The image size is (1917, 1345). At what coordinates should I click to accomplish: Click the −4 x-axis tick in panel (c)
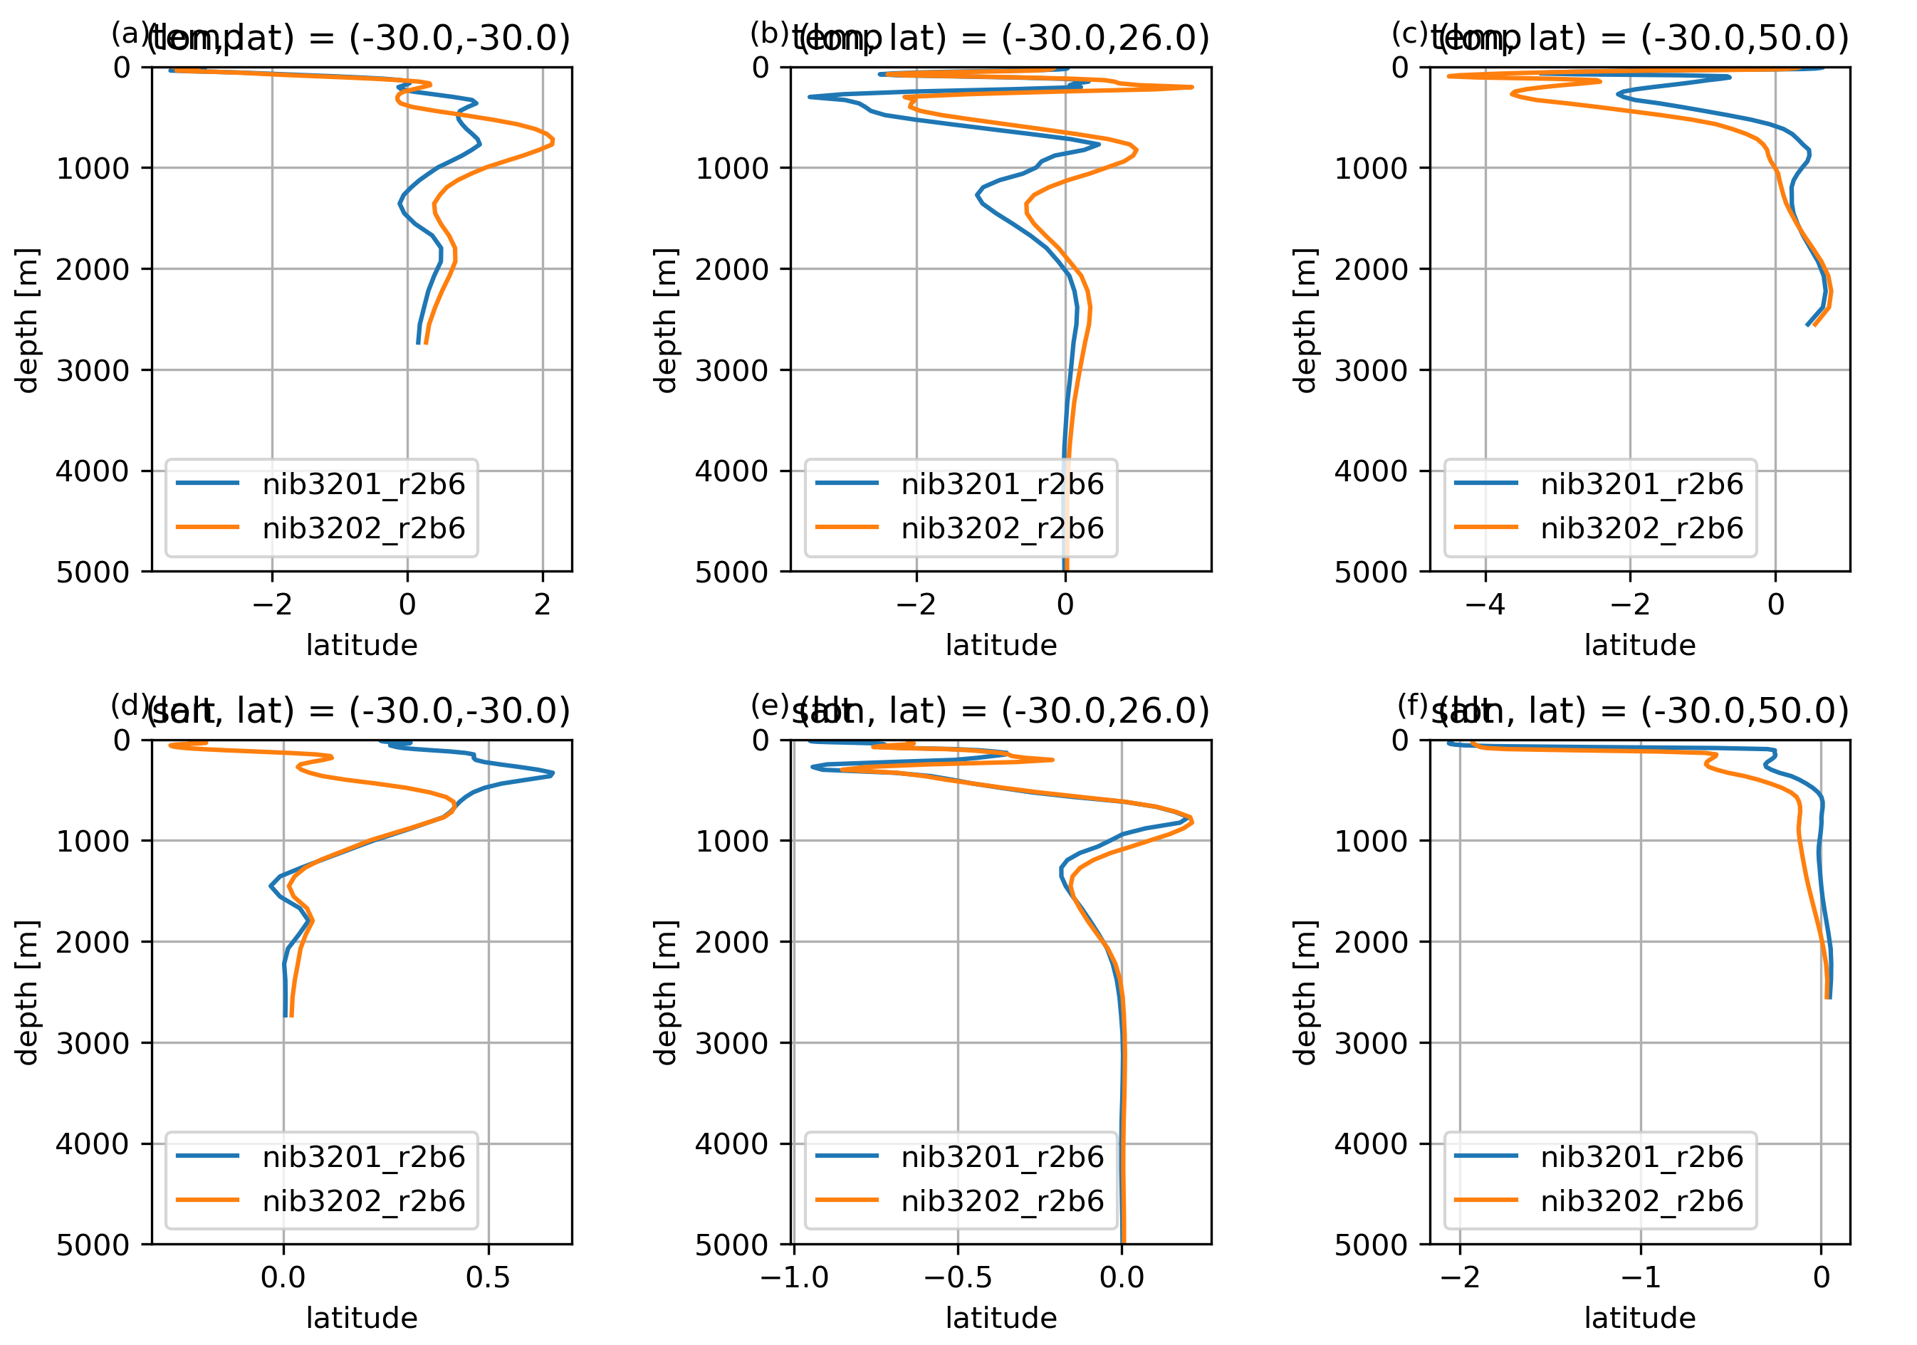1485,605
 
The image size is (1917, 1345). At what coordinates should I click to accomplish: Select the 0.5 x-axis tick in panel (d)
489,1277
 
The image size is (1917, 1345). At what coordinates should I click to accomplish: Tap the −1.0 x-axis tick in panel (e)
794,1277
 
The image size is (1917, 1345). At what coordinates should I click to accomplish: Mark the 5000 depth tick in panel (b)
731,572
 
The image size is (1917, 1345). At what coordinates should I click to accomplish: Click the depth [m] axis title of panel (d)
28,993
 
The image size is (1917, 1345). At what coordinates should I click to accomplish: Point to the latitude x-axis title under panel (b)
1001,645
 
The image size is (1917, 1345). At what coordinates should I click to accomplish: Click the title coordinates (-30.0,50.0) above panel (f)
1744,711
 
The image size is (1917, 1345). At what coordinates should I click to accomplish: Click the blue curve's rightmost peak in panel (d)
553,774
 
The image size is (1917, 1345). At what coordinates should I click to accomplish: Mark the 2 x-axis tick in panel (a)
543,605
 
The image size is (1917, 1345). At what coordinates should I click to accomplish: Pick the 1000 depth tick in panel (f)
1371,842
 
